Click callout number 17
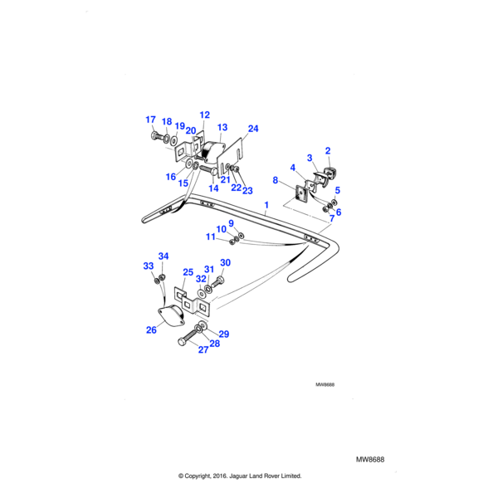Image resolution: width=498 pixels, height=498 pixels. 150,120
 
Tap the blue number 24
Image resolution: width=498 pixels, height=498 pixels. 253,129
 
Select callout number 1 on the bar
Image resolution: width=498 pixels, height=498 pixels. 266,204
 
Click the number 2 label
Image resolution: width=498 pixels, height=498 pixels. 328,151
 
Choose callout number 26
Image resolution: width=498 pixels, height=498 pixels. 151,330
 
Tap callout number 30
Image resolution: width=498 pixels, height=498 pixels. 225,263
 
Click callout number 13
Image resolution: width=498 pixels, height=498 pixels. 222,128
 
